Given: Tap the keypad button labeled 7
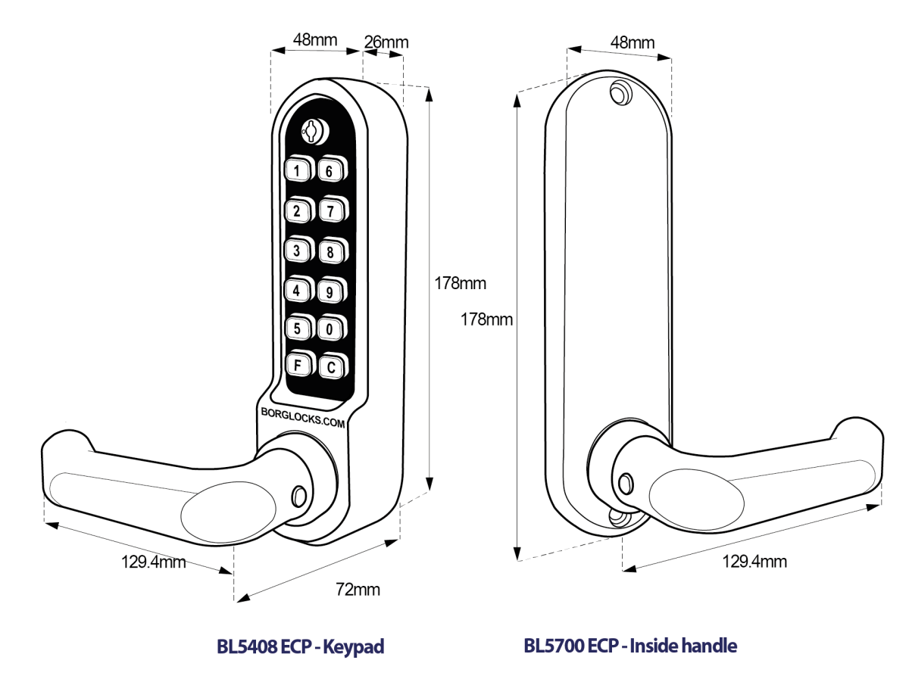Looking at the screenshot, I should pos(330,210).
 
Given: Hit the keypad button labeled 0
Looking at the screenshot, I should pos(330,329).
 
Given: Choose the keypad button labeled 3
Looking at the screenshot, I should pos(298,250).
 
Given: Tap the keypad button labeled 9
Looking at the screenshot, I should pos(330,290).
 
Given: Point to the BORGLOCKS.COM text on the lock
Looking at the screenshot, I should pos(302,419).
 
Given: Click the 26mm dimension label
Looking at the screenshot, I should pos(386,42).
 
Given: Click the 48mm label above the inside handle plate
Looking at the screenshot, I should pos(632,42).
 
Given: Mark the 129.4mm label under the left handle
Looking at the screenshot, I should pos(154,562).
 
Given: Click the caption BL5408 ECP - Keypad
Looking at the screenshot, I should pos(301,646).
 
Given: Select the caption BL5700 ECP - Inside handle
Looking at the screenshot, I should pos(630,646).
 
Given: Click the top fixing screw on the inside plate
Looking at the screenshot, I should pos(620,94).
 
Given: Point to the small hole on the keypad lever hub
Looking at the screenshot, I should pos(299,495).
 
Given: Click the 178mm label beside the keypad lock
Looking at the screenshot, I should pos(460,284).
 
